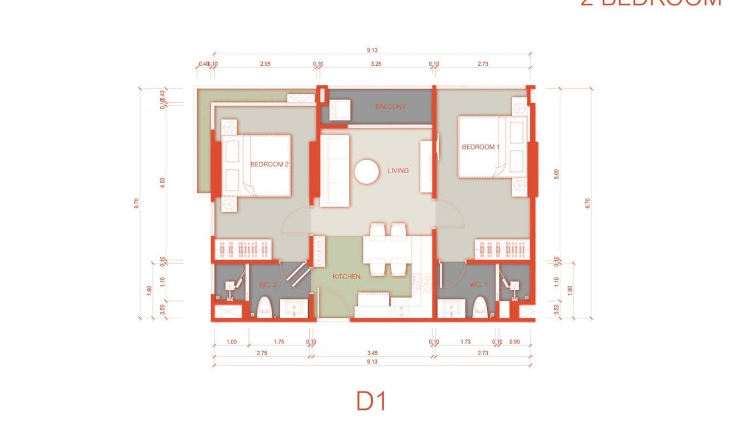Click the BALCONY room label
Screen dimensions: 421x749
click(390, 107)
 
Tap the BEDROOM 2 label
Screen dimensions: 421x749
click(269, 165)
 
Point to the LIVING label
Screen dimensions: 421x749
click(398, 171)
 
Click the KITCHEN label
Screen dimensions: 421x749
click(347, 276)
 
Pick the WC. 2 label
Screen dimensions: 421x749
click(268, 285)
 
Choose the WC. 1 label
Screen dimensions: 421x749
click(478, 285)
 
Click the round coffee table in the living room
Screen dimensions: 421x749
click(367, 171)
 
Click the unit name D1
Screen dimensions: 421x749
click(372, 401)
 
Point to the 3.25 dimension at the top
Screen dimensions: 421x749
click(376, 64)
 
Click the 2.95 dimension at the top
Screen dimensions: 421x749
click(265, 64)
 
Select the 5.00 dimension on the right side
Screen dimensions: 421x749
click(556, 174)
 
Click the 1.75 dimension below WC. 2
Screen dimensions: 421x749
click(279, 342)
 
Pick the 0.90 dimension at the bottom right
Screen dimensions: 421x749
click(515, 342)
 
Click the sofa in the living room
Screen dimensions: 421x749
click(334, 170)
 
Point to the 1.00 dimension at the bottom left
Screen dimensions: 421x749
click(232, 342)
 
